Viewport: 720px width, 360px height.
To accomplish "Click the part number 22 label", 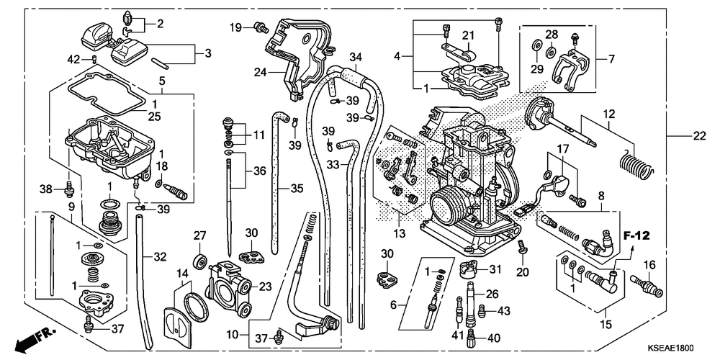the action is pyautogui.click(x=698, y=135).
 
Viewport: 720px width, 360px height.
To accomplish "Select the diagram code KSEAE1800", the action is pyautogui.click(x=670, y=348).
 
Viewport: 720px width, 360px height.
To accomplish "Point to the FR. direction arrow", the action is pyautogui.click(x=35, y=338).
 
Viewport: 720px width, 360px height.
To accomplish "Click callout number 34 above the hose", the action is pyautogui.click(x=356, y=58).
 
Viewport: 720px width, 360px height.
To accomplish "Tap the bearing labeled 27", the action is pyautogui.click(x=200, y=261).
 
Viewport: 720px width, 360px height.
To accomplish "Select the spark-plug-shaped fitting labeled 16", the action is pyautogui.click(x=646, y=285).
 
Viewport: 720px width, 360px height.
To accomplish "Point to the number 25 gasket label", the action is pyautogui.click(x=154, y=117).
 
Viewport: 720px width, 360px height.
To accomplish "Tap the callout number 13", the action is pyautogui.click(x=399, y=234).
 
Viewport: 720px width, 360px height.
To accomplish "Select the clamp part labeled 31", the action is pyautogui.click(x=469, y=268).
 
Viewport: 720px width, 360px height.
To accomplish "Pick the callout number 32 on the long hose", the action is pyautogui.click(x=159, y=257).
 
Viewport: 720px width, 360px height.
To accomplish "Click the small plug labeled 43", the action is pyautogui.click(x=482, y=310).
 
